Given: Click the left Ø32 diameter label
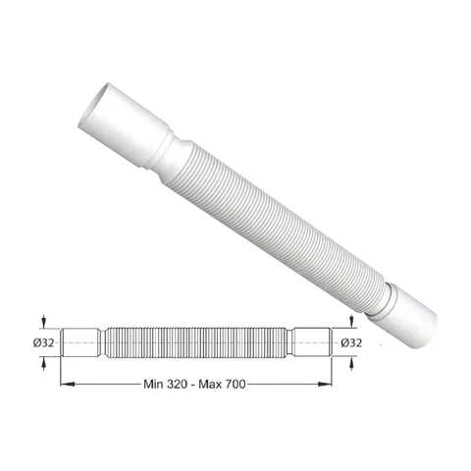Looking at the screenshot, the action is click(x=43, y=342).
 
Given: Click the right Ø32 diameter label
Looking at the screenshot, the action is click(x=351, y=342).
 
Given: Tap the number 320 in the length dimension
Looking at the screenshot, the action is click(x=177, y=384).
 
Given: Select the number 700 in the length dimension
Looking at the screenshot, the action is click(x=235, y=384).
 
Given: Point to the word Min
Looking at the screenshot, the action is click(x=153, y=384).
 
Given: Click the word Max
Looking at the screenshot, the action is click(x=210, y=384).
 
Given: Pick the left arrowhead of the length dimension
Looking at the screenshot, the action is click(x=68, y=384).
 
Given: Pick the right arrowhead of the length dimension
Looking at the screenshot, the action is click(x=325, y=384).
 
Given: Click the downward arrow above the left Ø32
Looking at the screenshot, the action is click(x=44, y=321).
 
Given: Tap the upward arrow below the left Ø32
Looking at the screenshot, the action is click(x=44, y=364).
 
